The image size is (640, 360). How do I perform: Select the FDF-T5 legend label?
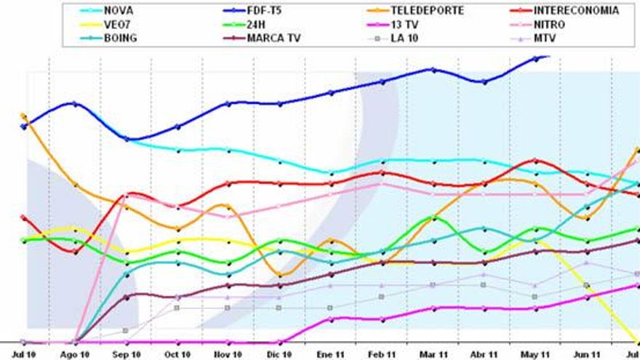tap(263, 11)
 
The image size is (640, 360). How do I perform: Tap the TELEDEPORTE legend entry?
tap(428, 11)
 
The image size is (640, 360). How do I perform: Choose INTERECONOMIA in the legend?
tap(575, 11)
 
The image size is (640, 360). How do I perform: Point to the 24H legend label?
tap(257, 24)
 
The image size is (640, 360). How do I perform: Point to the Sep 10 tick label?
tap(126, 353)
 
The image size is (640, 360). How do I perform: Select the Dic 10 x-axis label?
tap(279, 353)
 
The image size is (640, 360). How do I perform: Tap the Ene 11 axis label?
tap(331, 353)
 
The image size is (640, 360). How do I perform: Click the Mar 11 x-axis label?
tap(433, 353)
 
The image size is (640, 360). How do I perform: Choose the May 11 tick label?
tap(535, 353)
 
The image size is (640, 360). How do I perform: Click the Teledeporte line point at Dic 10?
tap(279, 275)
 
